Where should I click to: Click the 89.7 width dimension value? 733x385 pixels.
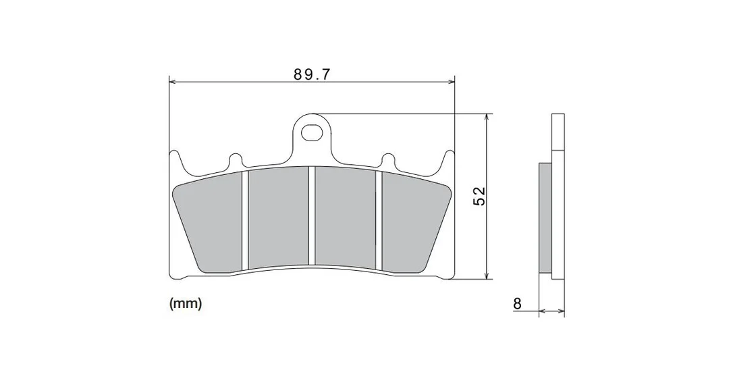tap(312, 74)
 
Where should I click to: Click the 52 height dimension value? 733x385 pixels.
tap(479, 197)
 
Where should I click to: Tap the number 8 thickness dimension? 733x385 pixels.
tap(517, 303)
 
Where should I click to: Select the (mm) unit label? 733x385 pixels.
tap(186, 303)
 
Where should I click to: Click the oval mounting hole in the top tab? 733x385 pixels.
tap(312, 132)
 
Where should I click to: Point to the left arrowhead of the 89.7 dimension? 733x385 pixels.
tap(171, 82)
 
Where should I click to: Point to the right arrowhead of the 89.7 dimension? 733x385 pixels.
tap(451, 82)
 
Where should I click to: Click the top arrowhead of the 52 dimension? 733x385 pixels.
tap(487, 117)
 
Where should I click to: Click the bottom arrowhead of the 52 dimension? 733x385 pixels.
tap(487, 276)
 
